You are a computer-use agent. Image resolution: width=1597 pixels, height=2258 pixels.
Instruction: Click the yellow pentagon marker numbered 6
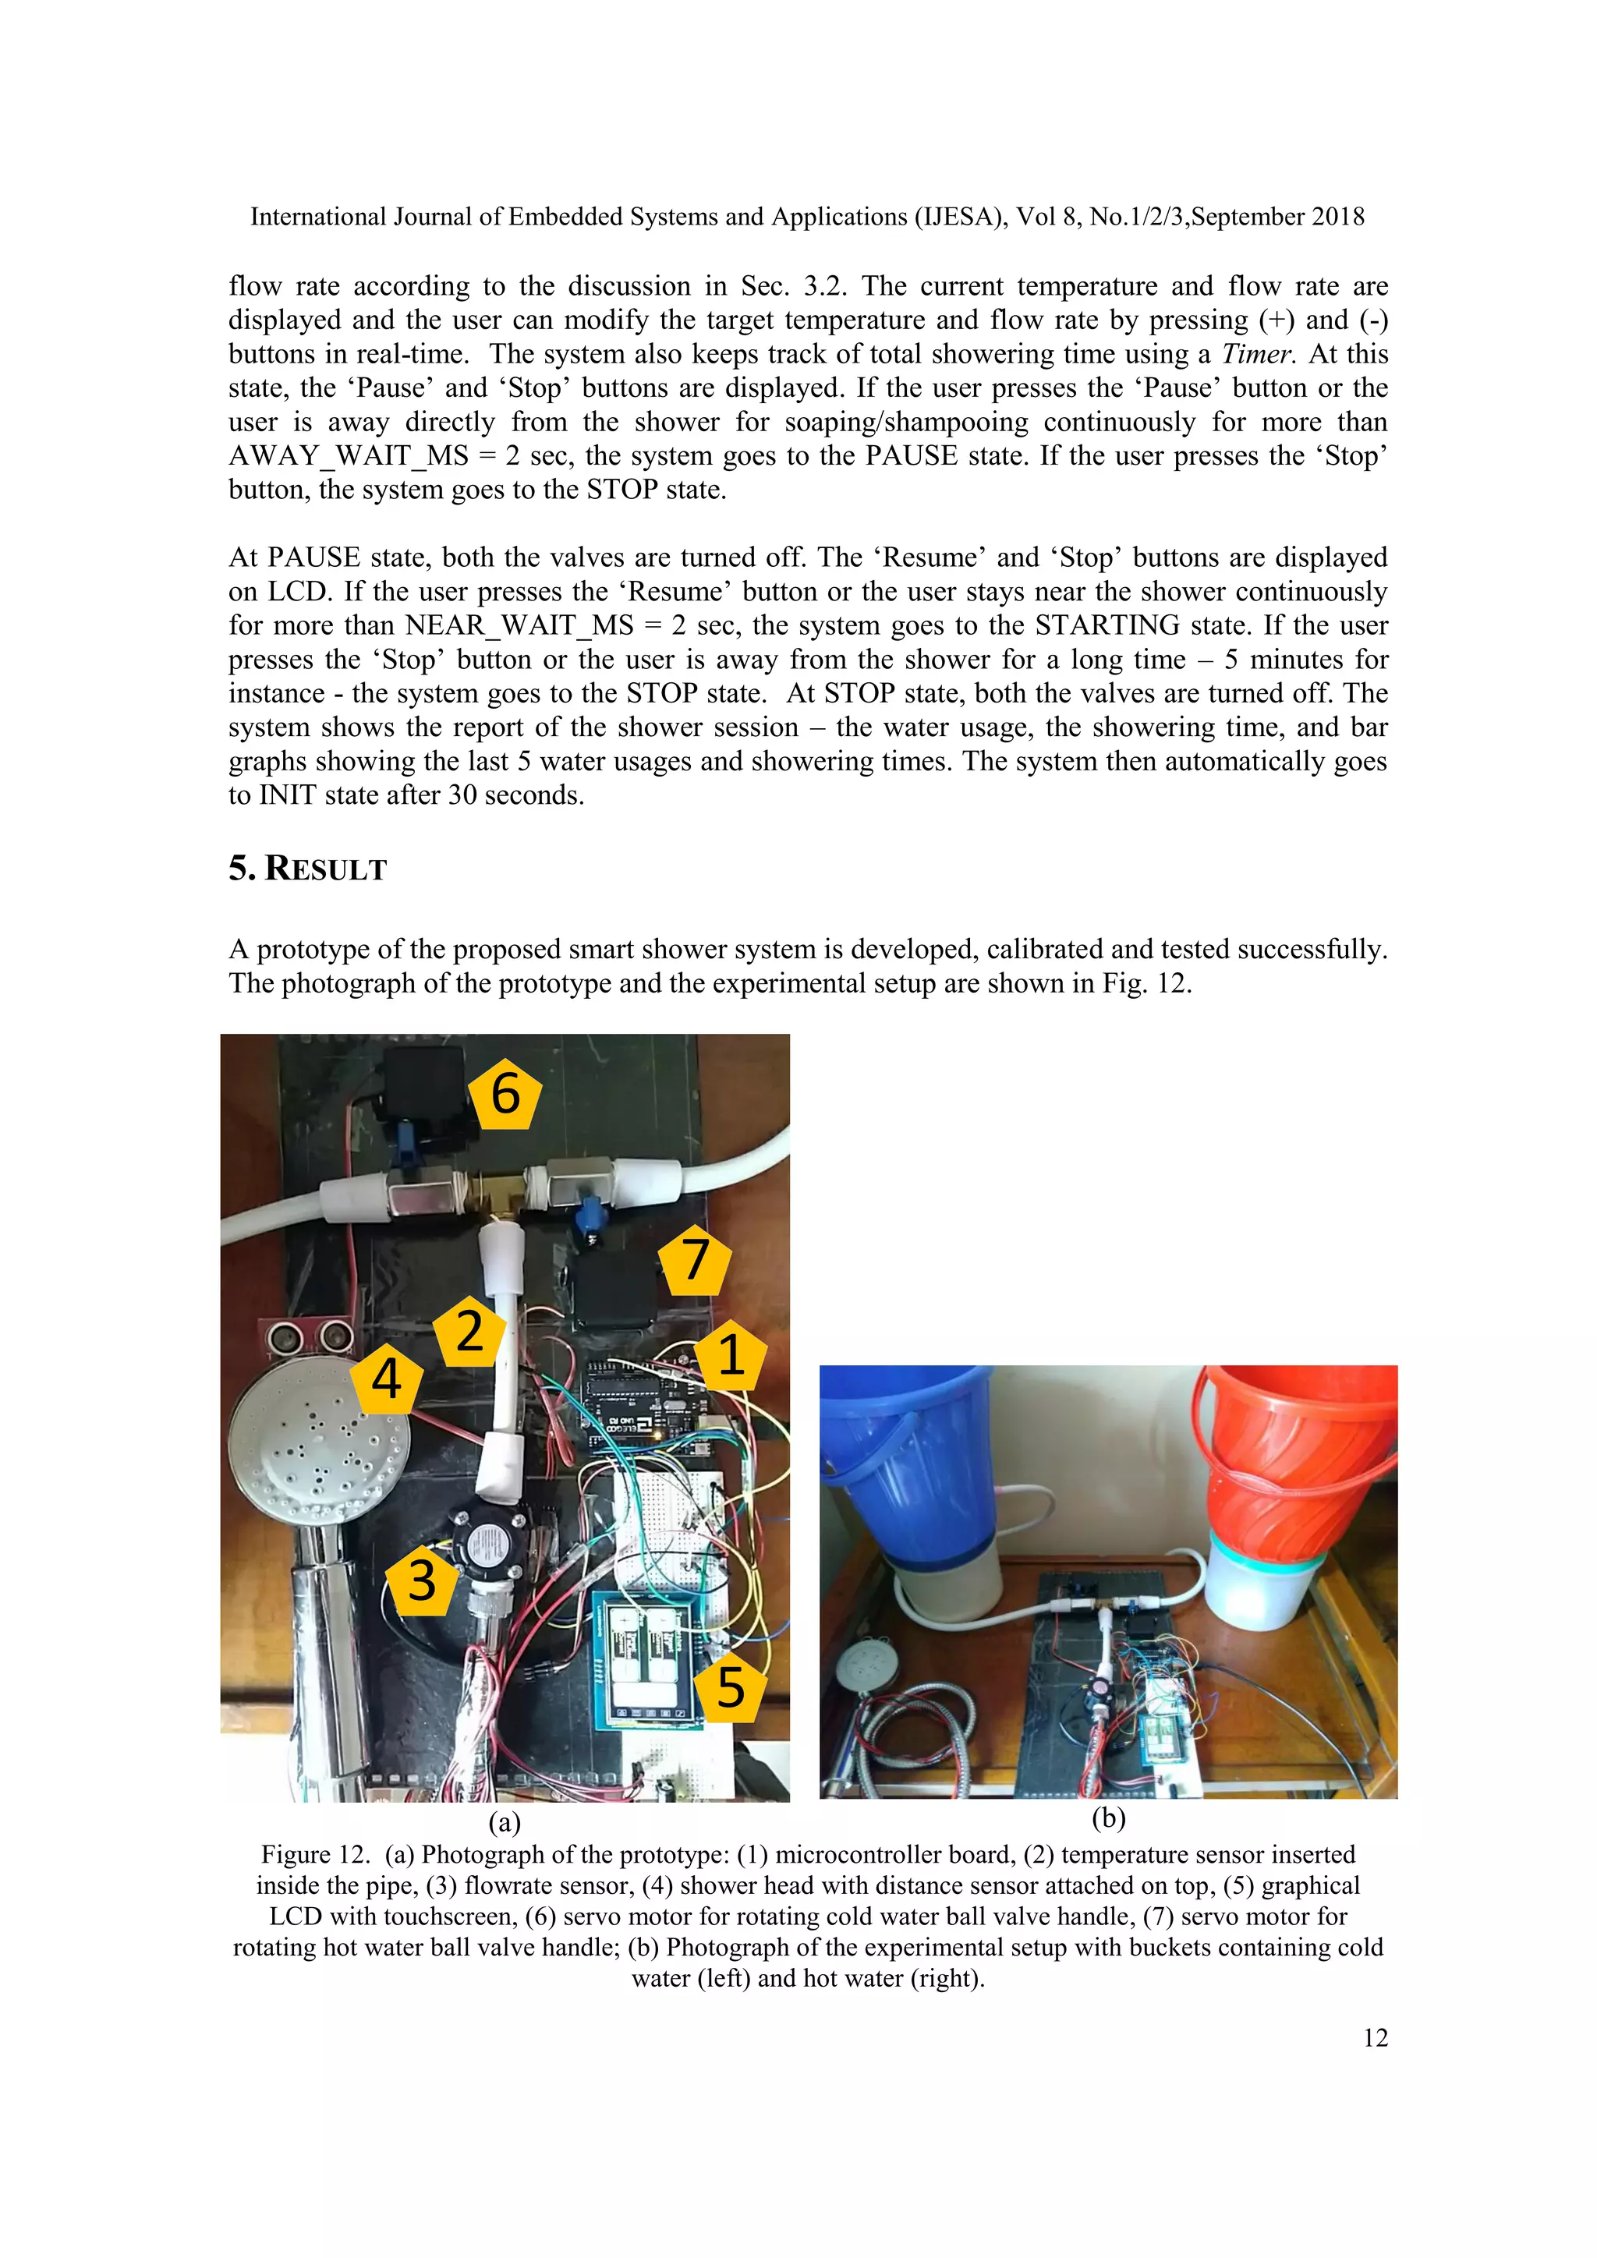tap(505, 1095)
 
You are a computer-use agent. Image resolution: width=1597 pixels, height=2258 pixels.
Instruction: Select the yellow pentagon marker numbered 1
tap(730, 1355)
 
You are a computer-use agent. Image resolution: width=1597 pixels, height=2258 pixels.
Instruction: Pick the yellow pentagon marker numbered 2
tap(470, 1332)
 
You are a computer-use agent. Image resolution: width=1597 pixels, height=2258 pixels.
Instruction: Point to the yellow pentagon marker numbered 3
tap(422, 1581)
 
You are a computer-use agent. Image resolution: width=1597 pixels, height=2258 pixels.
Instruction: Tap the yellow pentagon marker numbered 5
tap(730, 1687)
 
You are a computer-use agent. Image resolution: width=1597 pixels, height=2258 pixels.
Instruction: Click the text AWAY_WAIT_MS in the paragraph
tap(348, 456)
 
